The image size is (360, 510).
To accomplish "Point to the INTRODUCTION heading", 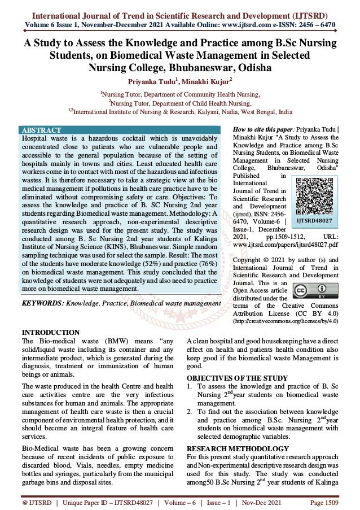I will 43,332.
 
